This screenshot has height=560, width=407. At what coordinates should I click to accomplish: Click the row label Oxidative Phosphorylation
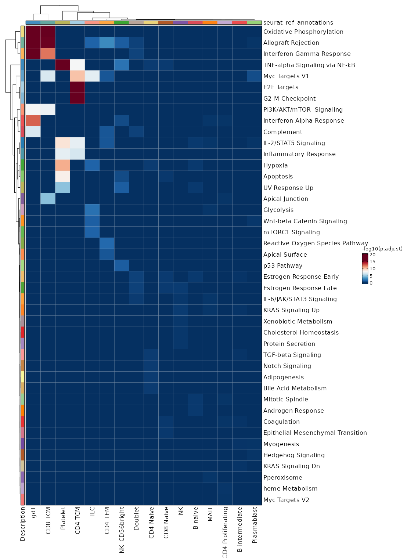point(303,32)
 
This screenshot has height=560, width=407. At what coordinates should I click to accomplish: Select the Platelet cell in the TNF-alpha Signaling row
point(62,65)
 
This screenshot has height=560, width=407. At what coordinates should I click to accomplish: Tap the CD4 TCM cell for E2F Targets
point(77,87)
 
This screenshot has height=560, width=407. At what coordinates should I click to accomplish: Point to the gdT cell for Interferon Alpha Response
point(33,121)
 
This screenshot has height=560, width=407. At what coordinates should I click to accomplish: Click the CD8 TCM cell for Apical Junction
point(48,199)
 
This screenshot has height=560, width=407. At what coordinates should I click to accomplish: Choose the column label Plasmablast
point(255,525)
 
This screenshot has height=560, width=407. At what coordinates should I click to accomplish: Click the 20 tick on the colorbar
point(372,255)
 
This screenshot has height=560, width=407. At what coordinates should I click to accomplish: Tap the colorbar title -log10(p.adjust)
point(382,249)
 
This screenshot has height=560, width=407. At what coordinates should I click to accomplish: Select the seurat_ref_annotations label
point(298,23)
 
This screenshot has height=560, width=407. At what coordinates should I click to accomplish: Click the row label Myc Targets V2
point(286,500)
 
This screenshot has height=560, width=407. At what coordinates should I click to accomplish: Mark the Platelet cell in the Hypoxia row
point(62,165)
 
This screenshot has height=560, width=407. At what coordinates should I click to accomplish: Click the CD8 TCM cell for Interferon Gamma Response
point(48,54)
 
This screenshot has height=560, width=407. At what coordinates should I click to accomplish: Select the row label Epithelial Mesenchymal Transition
point(315,433)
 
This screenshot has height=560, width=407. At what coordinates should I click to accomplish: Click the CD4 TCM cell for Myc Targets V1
point(77,76)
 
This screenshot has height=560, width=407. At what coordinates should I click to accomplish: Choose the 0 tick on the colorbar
point(371,283)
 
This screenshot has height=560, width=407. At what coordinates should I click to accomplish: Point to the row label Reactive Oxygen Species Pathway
point(316,243)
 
